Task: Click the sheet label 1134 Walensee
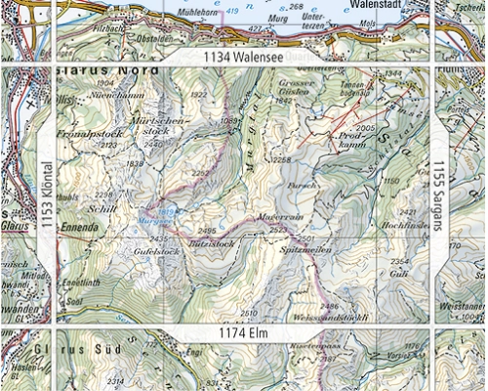click(x=244, y=59)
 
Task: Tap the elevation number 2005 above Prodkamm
click(x=366, y=128)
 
